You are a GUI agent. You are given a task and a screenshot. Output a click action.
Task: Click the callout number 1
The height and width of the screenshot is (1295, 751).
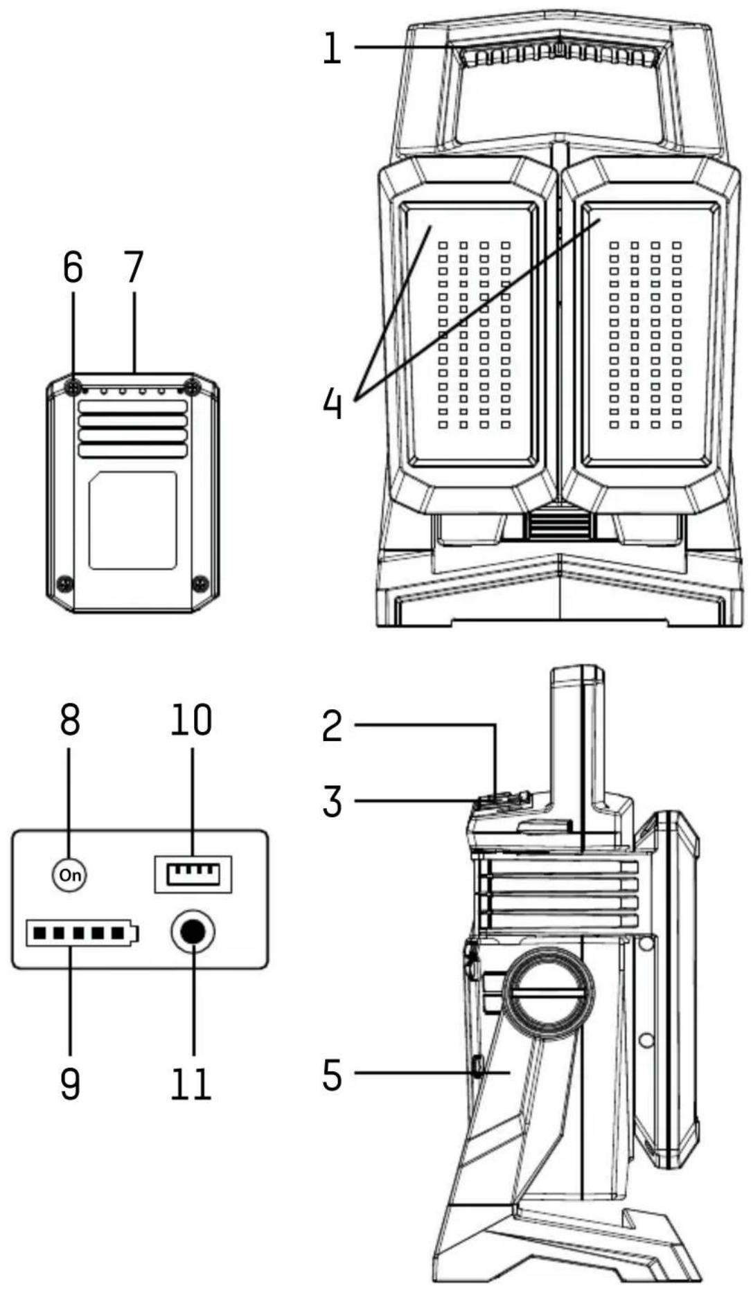pyautogui.click(x=332, y=49)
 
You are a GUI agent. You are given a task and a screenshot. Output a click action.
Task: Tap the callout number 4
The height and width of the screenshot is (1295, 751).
pyautogui.click(x=333, y=403)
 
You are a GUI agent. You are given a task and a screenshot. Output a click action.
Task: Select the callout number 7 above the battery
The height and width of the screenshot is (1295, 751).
pyautogui.click(x=134, y=267)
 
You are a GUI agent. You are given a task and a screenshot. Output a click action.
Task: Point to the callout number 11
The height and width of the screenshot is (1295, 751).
pyautogui.click(x=191, y=1084)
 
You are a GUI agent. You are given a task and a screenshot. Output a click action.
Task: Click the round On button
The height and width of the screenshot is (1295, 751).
pyautogui.click(x=70, y=875)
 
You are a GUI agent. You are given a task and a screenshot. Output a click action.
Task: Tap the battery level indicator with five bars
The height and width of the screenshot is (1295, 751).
pyautogui.click(x=81, y=934)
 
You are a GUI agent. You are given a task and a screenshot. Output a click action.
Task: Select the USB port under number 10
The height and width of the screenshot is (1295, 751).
pyautogui.click(x=193, y=874)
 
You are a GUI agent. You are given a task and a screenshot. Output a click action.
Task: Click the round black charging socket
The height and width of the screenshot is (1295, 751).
pyautogui.click(x=193, y=933)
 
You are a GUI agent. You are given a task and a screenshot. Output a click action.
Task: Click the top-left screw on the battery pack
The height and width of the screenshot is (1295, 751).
pyautogui.click(x=74, y=388)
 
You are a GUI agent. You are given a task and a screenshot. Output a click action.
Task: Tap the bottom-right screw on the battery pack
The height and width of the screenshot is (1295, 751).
pyautogui.click(x=200, y=582)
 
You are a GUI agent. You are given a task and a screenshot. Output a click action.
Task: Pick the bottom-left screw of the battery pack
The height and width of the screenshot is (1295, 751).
pyautogui.click(x=64, y=583)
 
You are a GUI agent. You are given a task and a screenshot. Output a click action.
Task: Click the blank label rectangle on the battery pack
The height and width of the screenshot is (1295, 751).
pyautogui.click(x=132, y=520)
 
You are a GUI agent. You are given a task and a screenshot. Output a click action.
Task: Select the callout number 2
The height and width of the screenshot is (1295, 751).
pyautogui.click(x=333, y=726)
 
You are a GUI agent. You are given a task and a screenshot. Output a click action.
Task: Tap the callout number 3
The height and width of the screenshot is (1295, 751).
pyautogui.click(x=333, y=802)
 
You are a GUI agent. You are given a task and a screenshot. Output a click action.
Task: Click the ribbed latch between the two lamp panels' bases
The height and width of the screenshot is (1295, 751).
pyautogui.click(x=559, y=526)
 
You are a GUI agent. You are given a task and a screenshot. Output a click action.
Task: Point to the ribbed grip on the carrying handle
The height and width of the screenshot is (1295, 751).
pyautogui.click(x=558, y=56)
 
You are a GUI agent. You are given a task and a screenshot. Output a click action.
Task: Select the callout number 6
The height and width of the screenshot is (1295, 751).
pyautogui.click(x=73, y=267)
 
